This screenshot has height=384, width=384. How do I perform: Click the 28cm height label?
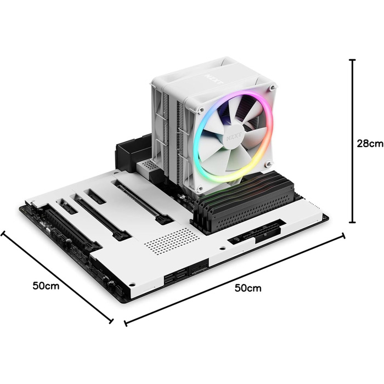pos(369,144)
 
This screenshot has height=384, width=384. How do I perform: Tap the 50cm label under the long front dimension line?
pos(248,287)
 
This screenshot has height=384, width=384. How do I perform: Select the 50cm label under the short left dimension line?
pos(46,285)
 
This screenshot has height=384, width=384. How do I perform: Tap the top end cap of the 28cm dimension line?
pos(352,60)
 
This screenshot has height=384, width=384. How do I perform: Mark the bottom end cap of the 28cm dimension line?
pos(352,222)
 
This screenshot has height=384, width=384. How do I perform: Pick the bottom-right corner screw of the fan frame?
pos(268,164)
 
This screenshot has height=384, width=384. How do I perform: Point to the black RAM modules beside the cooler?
pos(247,198)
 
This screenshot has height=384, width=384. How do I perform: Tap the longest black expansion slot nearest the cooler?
pos(139,200)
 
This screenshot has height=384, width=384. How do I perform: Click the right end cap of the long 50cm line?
pos(343,236)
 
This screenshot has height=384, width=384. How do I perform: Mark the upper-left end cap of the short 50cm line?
pos(3,233)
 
